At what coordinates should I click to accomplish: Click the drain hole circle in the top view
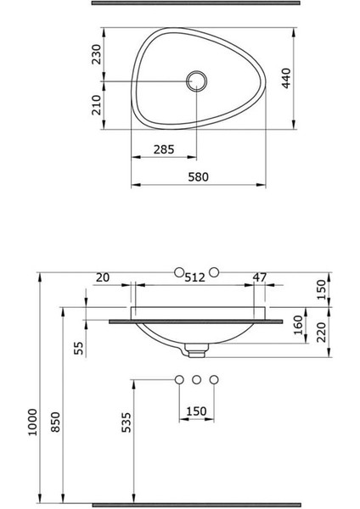(196, 81)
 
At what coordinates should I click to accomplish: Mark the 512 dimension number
(196, 277)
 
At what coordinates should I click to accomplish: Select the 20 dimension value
(103, 277)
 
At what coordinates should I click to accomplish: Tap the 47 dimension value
(261, 277)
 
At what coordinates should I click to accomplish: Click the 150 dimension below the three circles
(196, 411)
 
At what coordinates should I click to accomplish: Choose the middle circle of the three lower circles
(196, 378)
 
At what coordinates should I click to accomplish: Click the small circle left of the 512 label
(178, 271)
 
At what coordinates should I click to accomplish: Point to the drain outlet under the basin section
(197, 346)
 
